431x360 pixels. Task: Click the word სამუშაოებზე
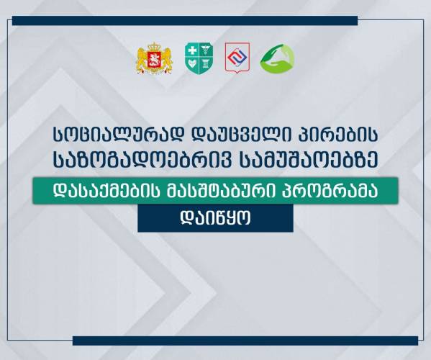tap(309, 161)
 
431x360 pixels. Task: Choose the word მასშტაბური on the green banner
tap(222, 191)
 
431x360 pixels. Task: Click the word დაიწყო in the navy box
tap(216, 219)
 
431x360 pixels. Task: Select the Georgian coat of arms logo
tap(155, 58)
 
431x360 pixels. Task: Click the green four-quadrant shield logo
tap(199, 58)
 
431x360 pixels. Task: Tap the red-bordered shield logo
tap(237, 58)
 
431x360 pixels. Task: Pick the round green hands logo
tap(277, 58)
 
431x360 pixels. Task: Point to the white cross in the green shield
tap(192, 51)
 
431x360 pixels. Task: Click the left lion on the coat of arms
tap(142, 59)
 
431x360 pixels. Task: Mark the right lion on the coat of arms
tap(167, 59)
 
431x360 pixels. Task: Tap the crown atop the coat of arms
tap(155, 46)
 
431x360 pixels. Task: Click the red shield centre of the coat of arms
tap(155, 60)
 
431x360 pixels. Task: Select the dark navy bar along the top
tap(185, 21)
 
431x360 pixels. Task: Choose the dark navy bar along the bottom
tap(245, 341)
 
